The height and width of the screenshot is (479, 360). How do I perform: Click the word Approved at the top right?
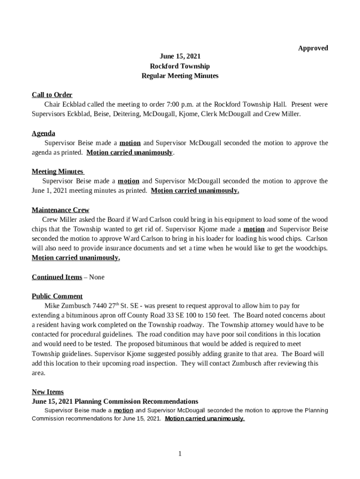[x=313, y=48]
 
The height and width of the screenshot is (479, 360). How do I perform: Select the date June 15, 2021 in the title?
[x=180, y=57]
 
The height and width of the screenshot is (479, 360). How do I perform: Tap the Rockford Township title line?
[x=180, y=66]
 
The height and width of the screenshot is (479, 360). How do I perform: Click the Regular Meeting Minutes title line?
[x=180, y=76]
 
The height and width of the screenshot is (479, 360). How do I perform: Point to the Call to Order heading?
[x=52, y=95]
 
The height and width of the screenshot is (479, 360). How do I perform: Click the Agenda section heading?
[x=43, y=133]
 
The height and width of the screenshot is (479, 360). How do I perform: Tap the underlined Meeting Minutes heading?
[x=57, y=172]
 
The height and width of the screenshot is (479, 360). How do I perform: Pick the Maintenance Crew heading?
[x=60, y=210]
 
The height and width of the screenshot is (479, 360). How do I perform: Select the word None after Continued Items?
[x=97, y=277]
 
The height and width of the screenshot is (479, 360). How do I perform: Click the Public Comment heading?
[x=57, y=296]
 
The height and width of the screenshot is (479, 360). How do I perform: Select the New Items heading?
[x=48, y=392]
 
